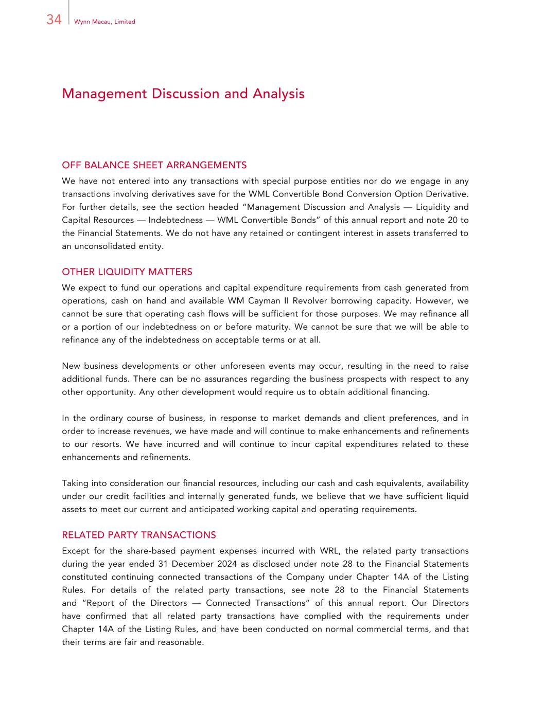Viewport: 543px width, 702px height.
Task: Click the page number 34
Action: [54, 20]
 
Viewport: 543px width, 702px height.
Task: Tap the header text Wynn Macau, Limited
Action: [104, 22]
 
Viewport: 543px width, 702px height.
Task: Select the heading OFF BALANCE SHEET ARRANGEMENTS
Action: [154, 165]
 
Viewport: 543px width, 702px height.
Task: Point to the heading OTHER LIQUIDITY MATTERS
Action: [127, 272]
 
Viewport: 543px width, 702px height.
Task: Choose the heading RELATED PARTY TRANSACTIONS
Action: [138, 535]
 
